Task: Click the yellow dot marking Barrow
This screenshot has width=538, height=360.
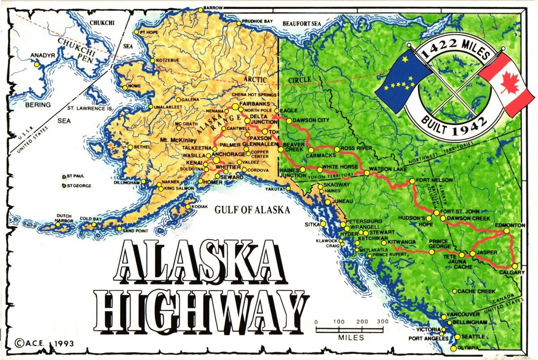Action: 200,8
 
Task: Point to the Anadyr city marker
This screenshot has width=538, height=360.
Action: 37,65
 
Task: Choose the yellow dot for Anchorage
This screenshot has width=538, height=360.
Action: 217,160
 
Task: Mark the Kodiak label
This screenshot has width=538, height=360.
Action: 200,207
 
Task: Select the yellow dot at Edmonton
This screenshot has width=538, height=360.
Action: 507,231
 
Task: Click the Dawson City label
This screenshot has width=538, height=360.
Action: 311,120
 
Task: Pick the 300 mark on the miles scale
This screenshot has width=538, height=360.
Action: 382,321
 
